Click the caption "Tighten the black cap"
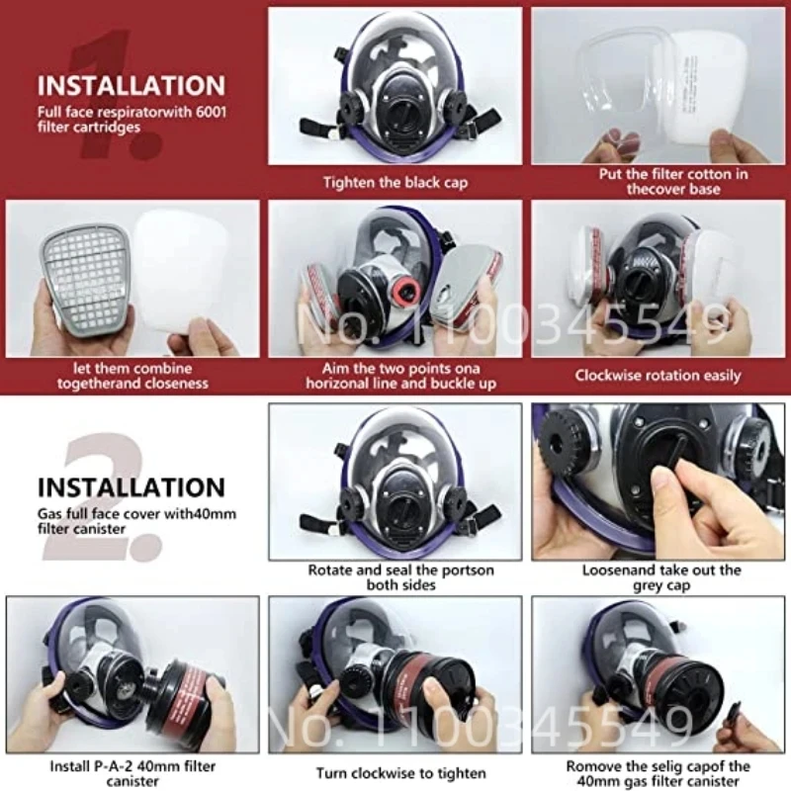coord(395,182)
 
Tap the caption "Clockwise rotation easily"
coord(658,376)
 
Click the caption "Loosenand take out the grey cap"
coord(661,577)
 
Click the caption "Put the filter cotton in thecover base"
coord(659,181)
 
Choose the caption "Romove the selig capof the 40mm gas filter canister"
coord(659,773)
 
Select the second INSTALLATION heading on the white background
coord(132,487)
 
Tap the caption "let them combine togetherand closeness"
coord(133,376)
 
